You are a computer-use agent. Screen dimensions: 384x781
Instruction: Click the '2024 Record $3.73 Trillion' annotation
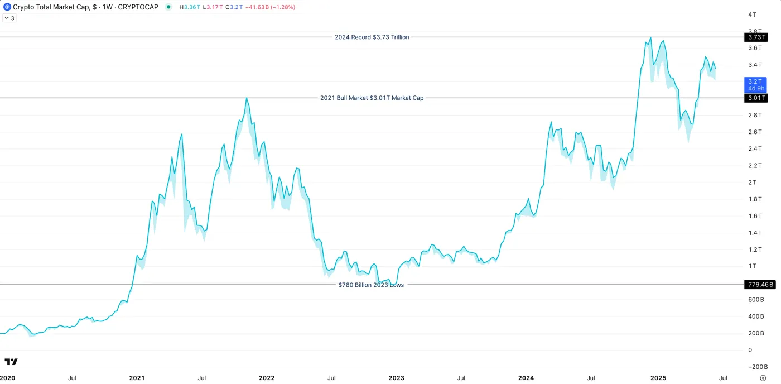click(x=372, y=37)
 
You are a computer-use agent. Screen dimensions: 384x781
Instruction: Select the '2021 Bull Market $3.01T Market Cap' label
click(x=372, y=98)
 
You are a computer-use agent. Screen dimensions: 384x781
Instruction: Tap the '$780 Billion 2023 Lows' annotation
click(x=371, y=285)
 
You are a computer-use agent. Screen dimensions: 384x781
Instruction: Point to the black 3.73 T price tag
click(x=756, y=37)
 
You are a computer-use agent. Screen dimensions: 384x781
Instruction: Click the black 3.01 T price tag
click(x=756, y=98)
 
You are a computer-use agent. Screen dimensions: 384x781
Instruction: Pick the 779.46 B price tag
click(x=760, y=285)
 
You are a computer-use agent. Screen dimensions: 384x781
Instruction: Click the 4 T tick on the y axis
click(x=753, y=15)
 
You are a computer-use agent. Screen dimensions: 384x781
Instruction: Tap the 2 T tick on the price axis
click(x=753, y=183)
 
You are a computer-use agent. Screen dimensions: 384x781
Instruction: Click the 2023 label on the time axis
click(x=396, y=378)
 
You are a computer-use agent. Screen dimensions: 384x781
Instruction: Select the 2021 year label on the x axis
click(x=137, y=378)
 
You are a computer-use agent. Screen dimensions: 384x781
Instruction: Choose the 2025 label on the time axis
click(x=658, y=378)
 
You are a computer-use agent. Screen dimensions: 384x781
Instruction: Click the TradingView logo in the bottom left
click(x=11, y=362)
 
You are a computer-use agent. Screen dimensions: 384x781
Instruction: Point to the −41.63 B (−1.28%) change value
click(x=271, y=7)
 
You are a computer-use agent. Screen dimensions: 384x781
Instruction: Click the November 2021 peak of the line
click(x=247, y=98)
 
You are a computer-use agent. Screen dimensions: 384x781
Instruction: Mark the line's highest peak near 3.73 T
click(x=650, y=38)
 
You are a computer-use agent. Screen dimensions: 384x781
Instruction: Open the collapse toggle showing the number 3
click(x=9, y=18)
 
